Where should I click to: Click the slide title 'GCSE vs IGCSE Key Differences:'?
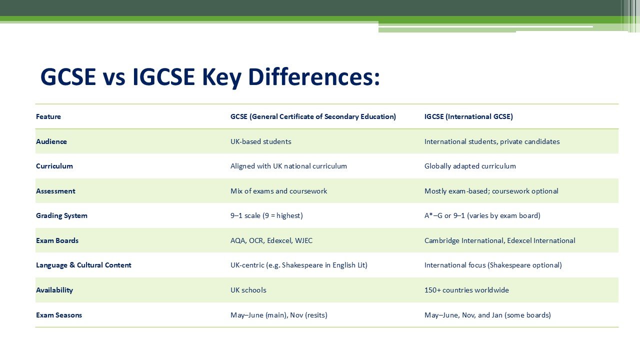[x=210, y=77]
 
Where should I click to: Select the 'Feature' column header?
[x=48, y=116]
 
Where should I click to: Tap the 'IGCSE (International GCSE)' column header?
[x=468, y=116]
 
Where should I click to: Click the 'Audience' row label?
[x=51, y=141]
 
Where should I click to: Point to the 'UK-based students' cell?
[x=260, y=141]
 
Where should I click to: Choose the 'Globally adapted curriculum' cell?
[x=470, y=166]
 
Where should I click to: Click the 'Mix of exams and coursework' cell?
[x=278, y=191]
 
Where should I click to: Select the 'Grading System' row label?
[x=61, y=215]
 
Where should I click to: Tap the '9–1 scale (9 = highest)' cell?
[x=266, y=215]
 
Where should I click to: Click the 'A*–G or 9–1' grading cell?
[x=482, y=215]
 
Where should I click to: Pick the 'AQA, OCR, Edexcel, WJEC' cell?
[x=271, y=240]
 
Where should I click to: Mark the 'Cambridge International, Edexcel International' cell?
[x=499, y=240]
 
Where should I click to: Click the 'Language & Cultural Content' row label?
[x=83, y=265]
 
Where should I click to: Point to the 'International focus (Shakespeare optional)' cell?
[x=493, y=265]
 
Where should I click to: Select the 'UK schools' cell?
[x=248, y=290]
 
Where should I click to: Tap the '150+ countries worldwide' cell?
[x=466, y=290]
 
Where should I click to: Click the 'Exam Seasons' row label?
[x=59, y=315]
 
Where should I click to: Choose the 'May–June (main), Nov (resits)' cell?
[x=278, y=315]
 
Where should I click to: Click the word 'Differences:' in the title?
[x=314, y=77]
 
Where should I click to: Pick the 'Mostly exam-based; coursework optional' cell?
[x=491, y=191]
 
